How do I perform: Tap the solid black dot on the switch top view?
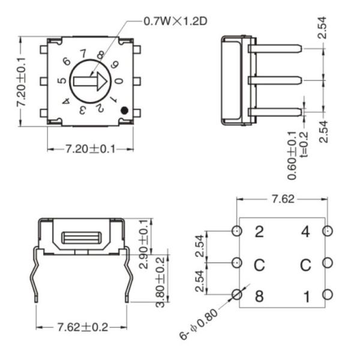123,110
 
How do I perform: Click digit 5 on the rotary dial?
61,81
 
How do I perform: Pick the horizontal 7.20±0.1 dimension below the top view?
90,148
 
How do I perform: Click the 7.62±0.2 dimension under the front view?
82,327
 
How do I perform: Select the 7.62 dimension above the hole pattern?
283,199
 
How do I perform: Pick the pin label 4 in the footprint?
306,232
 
